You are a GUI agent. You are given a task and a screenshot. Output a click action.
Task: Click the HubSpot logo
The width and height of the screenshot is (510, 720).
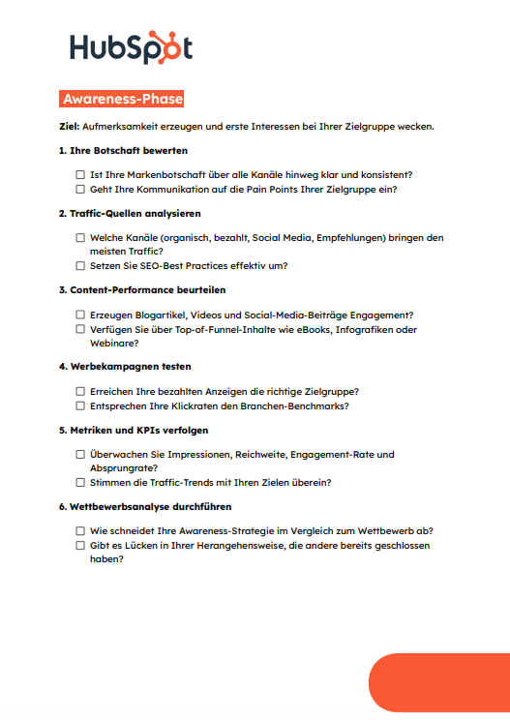[131, 47]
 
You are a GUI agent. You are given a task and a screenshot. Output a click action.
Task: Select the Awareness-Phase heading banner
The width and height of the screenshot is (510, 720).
[121, 99]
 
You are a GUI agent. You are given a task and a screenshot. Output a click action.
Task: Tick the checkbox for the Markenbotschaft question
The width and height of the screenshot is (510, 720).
[80, 175]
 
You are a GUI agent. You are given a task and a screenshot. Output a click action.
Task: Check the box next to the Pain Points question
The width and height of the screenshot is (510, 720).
[80, 190]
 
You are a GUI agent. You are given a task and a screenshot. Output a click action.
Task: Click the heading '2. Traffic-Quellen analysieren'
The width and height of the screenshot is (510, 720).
[130, 213]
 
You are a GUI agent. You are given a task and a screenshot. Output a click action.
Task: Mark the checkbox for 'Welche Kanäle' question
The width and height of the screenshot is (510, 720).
[80, 237]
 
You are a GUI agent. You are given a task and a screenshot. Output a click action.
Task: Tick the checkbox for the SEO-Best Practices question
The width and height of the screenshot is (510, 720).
[80, 266]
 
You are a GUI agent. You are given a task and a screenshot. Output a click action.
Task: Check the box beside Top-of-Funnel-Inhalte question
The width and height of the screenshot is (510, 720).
[80, 329]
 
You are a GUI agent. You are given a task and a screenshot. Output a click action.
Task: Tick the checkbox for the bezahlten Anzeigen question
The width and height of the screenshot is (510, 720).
[80, 391]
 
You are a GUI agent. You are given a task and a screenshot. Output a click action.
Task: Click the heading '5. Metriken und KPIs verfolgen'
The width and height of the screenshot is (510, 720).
[133, 430]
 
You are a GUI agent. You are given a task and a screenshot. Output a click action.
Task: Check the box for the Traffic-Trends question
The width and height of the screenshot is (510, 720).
[80, 482]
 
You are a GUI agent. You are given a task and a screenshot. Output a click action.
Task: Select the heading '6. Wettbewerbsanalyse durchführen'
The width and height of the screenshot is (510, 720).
[144, 506]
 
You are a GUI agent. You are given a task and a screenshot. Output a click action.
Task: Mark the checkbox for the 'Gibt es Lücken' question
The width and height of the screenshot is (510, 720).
[80, 545]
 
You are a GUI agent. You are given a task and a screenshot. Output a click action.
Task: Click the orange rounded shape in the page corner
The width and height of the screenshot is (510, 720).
[441, 687]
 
